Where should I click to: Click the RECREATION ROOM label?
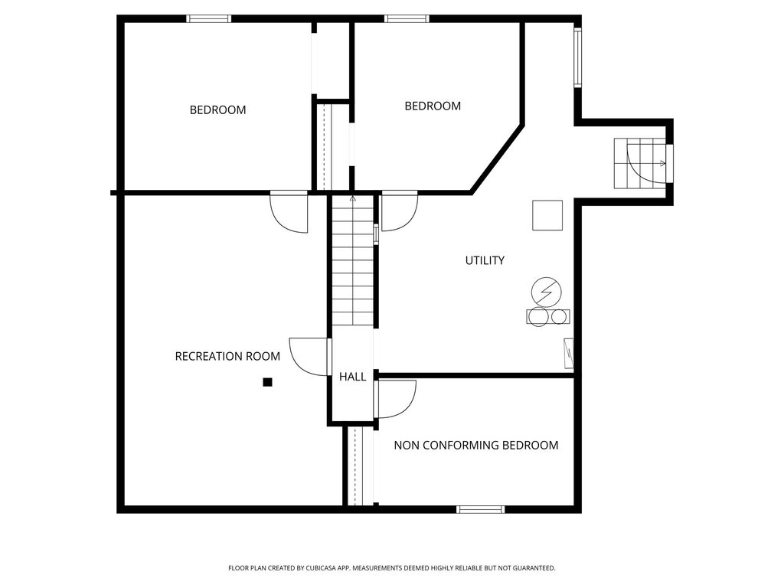point(227,356)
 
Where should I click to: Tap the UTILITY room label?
point(485,260)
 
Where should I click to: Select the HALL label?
point(352,377)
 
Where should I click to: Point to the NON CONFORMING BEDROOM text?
point(475,445)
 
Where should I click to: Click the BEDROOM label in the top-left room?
point(217,109)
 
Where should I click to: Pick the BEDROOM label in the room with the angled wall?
point(433,106)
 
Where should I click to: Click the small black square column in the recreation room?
point(267,382)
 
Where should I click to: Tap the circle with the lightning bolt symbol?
point(546,291)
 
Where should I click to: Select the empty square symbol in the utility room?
point(547,215)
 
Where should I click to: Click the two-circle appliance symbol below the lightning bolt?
point(547,316)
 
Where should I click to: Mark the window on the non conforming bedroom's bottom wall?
point(480,509)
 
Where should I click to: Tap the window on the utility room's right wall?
point(577,57)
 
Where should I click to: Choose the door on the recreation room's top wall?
point(290,211)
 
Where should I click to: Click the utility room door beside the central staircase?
point(398,211)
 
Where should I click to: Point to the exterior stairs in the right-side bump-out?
point(641,163)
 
